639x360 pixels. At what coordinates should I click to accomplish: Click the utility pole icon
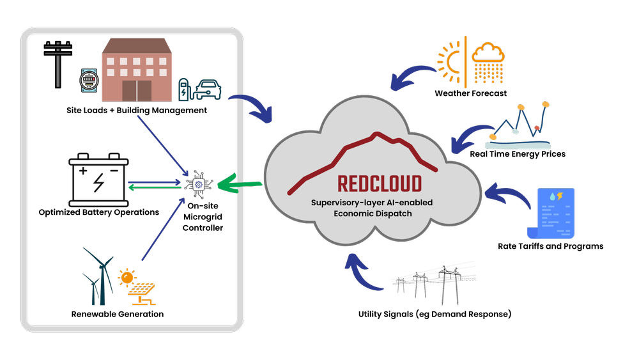[x=58, y=64]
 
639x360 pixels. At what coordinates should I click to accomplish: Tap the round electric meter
[x=88, y=80]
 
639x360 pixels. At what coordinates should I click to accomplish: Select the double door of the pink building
[x=137, y=91]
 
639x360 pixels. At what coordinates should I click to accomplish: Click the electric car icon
[x=208, y=90]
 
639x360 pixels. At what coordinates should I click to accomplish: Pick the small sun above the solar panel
[x=127, y=277]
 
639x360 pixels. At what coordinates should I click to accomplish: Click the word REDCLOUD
[x=371, y=184]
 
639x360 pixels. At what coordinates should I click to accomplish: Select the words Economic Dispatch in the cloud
[x=373, y=214]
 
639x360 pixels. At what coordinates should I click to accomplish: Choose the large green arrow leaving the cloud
[x=240, y=185]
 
